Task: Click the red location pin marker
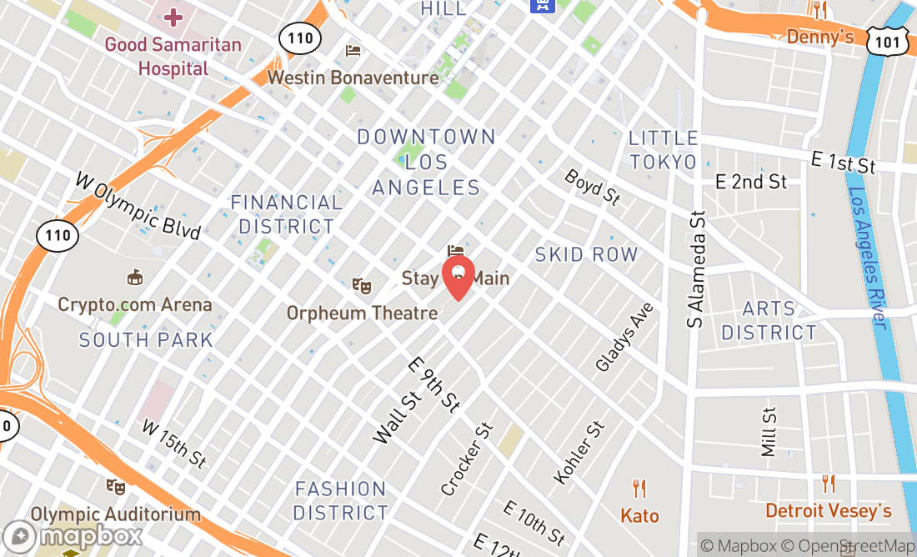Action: point(458,278)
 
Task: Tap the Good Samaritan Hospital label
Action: point(173,56)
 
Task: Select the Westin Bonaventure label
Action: point(353,78)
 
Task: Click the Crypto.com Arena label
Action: point(134,304)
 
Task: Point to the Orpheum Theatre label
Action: point(362,313)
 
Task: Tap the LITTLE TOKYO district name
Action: point(663,150)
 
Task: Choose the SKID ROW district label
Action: point(586,254)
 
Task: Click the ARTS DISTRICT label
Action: point(769,321)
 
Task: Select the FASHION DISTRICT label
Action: point(341,500)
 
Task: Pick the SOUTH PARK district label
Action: point(146,339)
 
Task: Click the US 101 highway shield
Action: point(881,41)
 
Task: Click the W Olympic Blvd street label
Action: point(138,205)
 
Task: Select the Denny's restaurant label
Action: point(820,37)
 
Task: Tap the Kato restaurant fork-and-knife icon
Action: point(639,489)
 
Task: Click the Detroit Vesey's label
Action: point(828,509)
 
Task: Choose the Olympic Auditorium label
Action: point(116,514)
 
